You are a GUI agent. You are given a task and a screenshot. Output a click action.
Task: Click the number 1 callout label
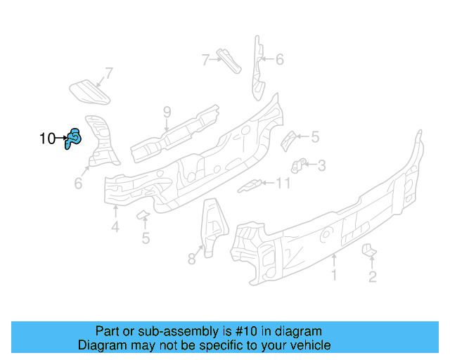coord(334,275)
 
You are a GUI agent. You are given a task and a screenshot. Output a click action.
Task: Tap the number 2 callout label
coord(373,276)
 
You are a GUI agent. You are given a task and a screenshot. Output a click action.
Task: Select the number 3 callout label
coord(321,166)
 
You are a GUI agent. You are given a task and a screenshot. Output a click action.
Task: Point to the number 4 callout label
coord(115,226)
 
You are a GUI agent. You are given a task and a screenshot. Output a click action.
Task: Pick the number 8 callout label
coord(191,259)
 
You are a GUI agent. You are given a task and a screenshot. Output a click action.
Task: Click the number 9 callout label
coord(167,112)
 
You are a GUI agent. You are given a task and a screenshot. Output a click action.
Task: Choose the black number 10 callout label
coord(47,139)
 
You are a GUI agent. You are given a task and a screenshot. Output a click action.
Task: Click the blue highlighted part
coord(74,139)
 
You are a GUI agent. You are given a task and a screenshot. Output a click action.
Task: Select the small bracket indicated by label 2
coord(368,250)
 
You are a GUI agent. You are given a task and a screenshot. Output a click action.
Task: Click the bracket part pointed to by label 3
coord(298,166)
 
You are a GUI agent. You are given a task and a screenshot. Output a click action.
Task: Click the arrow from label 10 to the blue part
coord(62,139)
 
